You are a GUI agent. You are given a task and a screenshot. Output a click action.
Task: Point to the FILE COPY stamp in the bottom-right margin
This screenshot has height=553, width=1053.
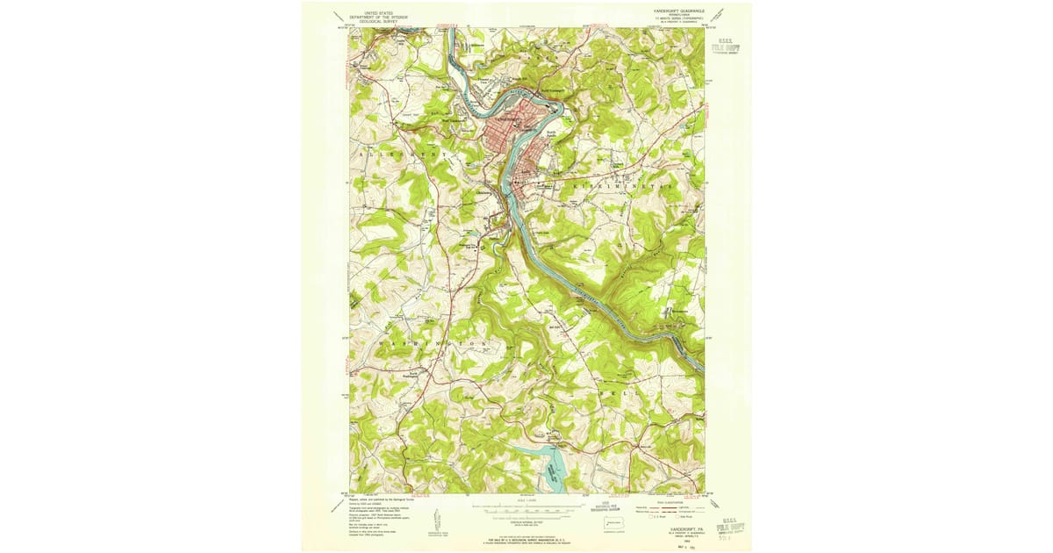(729, 528)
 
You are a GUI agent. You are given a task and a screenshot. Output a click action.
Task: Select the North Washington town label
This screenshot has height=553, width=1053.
(388, 398)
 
